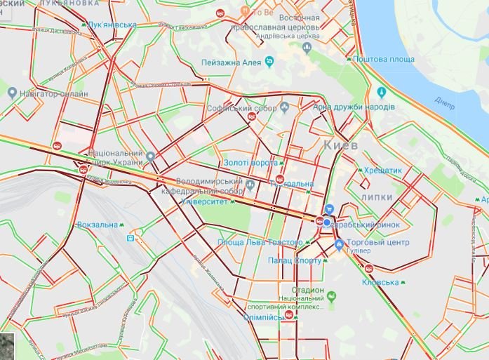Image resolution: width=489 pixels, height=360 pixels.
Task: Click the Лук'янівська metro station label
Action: point(112,25)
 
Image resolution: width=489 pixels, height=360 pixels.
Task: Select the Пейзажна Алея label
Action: point(231,62)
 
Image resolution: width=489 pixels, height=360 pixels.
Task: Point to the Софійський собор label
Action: point(242,108)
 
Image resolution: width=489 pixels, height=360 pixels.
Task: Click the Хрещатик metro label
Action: point(381,170)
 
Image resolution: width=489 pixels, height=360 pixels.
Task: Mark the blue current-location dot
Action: point(326,222)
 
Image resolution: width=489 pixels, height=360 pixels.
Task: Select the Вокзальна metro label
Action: point(98,225)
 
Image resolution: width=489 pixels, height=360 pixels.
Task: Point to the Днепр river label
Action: point(445,100)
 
